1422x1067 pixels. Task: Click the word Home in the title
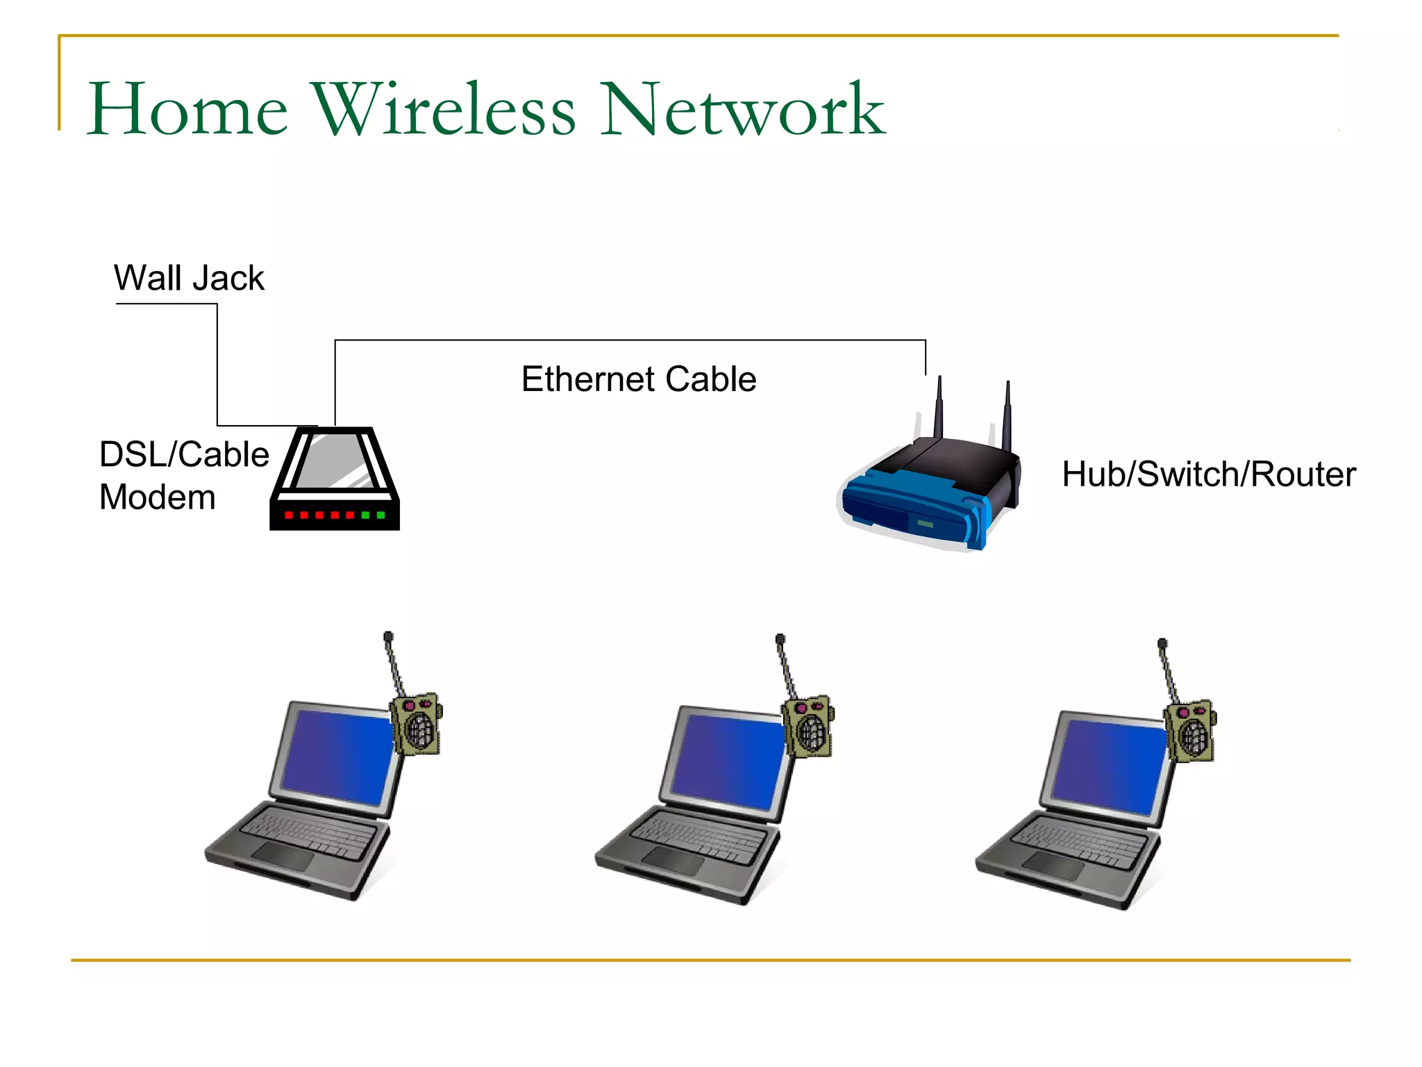(187, 110)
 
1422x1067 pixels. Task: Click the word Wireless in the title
(445, 110)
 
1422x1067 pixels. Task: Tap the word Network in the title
(742, 110)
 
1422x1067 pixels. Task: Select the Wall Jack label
(189, 278)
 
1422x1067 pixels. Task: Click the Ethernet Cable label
(639, 379)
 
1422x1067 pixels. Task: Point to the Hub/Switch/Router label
(1209, 474)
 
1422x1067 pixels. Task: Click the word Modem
(158, 497)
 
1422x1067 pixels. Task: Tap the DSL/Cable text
(184, 454)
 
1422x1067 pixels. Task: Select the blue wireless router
(923, 500)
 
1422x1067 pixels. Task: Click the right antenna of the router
(1007, 417)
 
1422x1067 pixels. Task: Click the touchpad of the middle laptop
(672, 862)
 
